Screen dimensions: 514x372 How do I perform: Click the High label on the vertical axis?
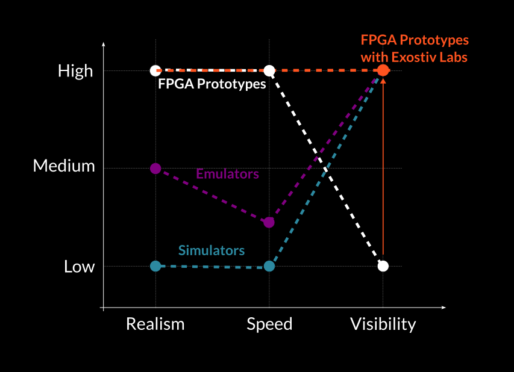click(75, 72)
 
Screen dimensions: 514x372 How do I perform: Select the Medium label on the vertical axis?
click(64, 166)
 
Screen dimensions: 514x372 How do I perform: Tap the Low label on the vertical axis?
click(80, 267)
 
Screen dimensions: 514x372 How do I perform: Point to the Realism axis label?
click(155, 324)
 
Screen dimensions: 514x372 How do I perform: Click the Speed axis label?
click(269, 325)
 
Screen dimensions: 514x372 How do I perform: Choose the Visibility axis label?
click(383, 324)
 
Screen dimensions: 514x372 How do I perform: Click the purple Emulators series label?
click(228, 174)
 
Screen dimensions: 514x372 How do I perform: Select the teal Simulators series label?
click(212, 250)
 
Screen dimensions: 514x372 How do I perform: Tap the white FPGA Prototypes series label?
click(212, 84)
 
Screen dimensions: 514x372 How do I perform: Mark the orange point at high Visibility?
click(383, 70)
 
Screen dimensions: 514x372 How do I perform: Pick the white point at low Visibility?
click(383, 266)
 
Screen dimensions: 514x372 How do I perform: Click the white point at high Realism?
click(155, 70)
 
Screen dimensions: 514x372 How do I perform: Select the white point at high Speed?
click(269, 70)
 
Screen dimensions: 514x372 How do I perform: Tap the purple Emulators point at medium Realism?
click(155, 169)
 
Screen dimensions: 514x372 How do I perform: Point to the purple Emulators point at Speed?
click(269, 222)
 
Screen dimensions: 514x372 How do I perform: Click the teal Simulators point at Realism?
click(155, 266)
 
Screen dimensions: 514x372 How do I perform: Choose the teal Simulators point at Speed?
click(269, 266)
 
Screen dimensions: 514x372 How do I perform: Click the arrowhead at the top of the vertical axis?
click(104, 44)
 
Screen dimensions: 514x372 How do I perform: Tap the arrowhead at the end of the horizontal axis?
click(443, 308)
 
